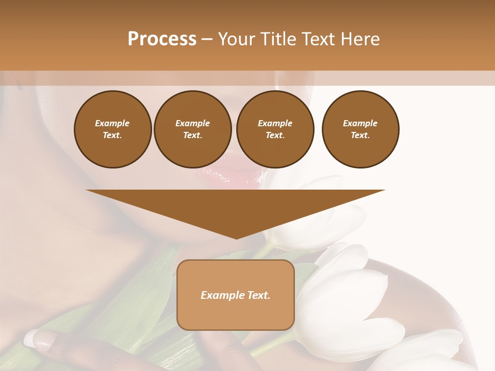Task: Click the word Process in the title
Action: click(162, 39)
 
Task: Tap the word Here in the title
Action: click(359, 39)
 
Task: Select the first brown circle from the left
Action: click(112, 129)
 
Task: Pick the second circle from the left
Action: click(192, 129)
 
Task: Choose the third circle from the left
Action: click(275, 129)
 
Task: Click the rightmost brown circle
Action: click(360, 129)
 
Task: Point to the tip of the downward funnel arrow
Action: click(236, 238)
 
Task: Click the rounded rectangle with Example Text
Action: click(236, 295)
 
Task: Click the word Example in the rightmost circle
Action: click(360, 123)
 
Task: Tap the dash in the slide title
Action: click(207, 40)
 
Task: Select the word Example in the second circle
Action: click(192, 123)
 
